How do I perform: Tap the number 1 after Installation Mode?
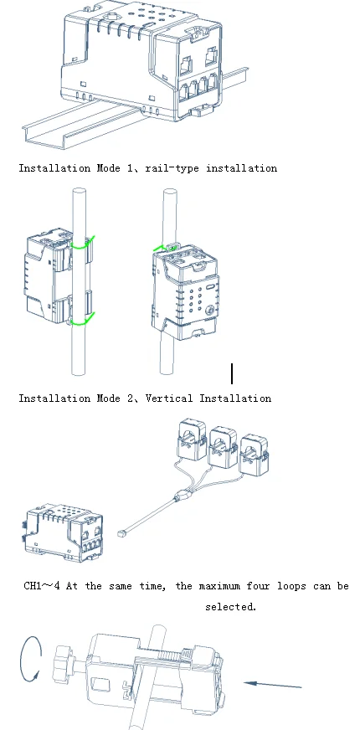click(x=130, y=168)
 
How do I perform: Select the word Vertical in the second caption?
click(x=168, y=398)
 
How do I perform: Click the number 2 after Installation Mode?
click(x=130, y=398)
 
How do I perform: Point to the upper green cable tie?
click(x=83, y=244)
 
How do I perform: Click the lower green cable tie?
click(x=83, y=321)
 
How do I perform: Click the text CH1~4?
click(x=42, y=586)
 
